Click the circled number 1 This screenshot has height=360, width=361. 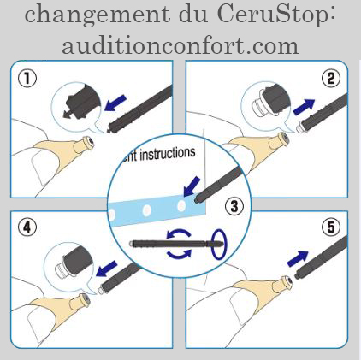point(27,79)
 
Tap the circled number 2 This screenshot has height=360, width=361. point(331,79)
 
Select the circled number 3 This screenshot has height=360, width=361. point(234,206)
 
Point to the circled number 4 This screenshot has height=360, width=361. point(27,227)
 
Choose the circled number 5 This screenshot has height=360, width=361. point(331,227)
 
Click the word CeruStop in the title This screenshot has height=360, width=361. point(276,15)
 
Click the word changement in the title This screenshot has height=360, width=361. point(98,15)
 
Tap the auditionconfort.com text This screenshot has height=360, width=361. point(180,45)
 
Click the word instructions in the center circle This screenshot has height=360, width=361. point(168,154)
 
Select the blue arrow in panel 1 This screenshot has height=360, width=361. point(115,103)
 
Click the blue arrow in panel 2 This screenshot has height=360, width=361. point(304,107)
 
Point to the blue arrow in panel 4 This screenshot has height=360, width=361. point(107,269)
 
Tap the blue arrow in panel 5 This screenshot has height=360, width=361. point(298,259)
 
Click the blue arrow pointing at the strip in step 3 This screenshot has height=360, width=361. point(192,186)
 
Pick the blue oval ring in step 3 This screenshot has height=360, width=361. point(219,245)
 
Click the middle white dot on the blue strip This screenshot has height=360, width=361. point(146,210)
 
